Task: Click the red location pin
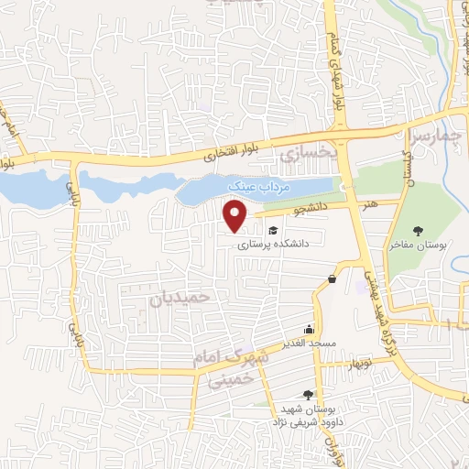236,215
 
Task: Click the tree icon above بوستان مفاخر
418,231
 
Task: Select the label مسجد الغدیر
310,344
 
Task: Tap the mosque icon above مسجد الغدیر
310,330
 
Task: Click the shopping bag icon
332,279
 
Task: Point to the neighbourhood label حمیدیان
179,297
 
